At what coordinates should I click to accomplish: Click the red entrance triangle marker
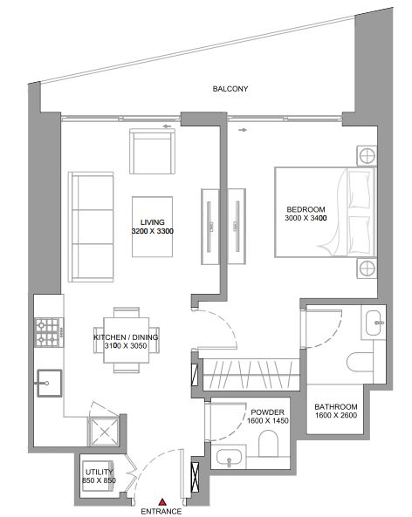161,502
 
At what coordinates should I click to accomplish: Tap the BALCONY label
230,89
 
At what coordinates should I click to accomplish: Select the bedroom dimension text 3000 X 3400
306,218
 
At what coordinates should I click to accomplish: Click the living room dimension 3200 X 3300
153,231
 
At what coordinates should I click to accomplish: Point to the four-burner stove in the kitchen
48,332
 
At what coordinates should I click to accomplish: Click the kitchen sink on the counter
50,383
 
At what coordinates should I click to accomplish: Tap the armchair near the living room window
152,152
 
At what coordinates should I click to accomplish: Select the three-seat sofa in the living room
91,227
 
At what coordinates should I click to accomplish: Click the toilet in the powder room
268,444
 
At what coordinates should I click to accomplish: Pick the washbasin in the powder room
229,458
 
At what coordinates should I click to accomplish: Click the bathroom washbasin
374,322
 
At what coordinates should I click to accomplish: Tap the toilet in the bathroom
360,362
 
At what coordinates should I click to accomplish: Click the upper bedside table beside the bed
367,156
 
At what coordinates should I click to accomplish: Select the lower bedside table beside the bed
367,269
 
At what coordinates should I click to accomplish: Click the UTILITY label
99,472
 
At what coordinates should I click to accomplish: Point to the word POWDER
267,412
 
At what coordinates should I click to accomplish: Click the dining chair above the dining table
126,312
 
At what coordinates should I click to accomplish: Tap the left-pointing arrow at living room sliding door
168,126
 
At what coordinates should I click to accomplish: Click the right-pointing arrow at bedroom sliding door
243,130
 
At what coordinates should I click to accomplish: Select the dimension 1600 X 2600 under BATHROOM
336,416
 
